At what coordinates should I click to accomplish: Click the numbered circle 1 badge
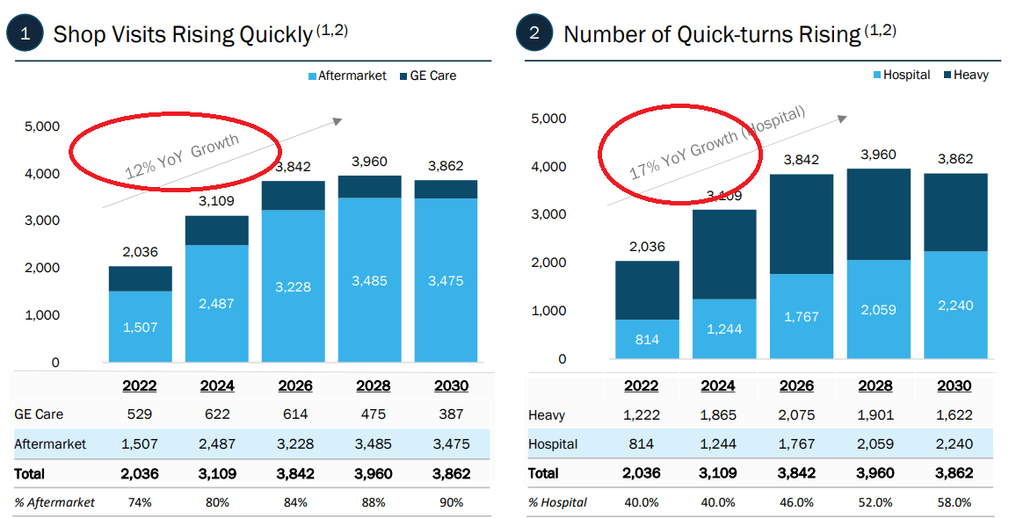coord(25,34)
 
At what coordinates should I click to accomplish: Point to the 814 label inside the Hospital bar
coord(647,340)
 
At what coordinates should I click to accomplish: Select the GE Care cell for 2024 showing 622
coord(217,414)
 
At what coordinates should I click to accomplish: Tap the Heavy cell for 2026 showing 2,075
coord(797,415)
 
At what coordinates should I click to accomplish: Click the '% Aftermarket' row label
coord(54,502)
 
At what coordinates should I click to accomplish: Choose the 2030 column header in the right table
coord(954,385)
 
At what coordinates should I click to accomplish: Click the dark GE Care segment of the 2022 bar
coord(141,278)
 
